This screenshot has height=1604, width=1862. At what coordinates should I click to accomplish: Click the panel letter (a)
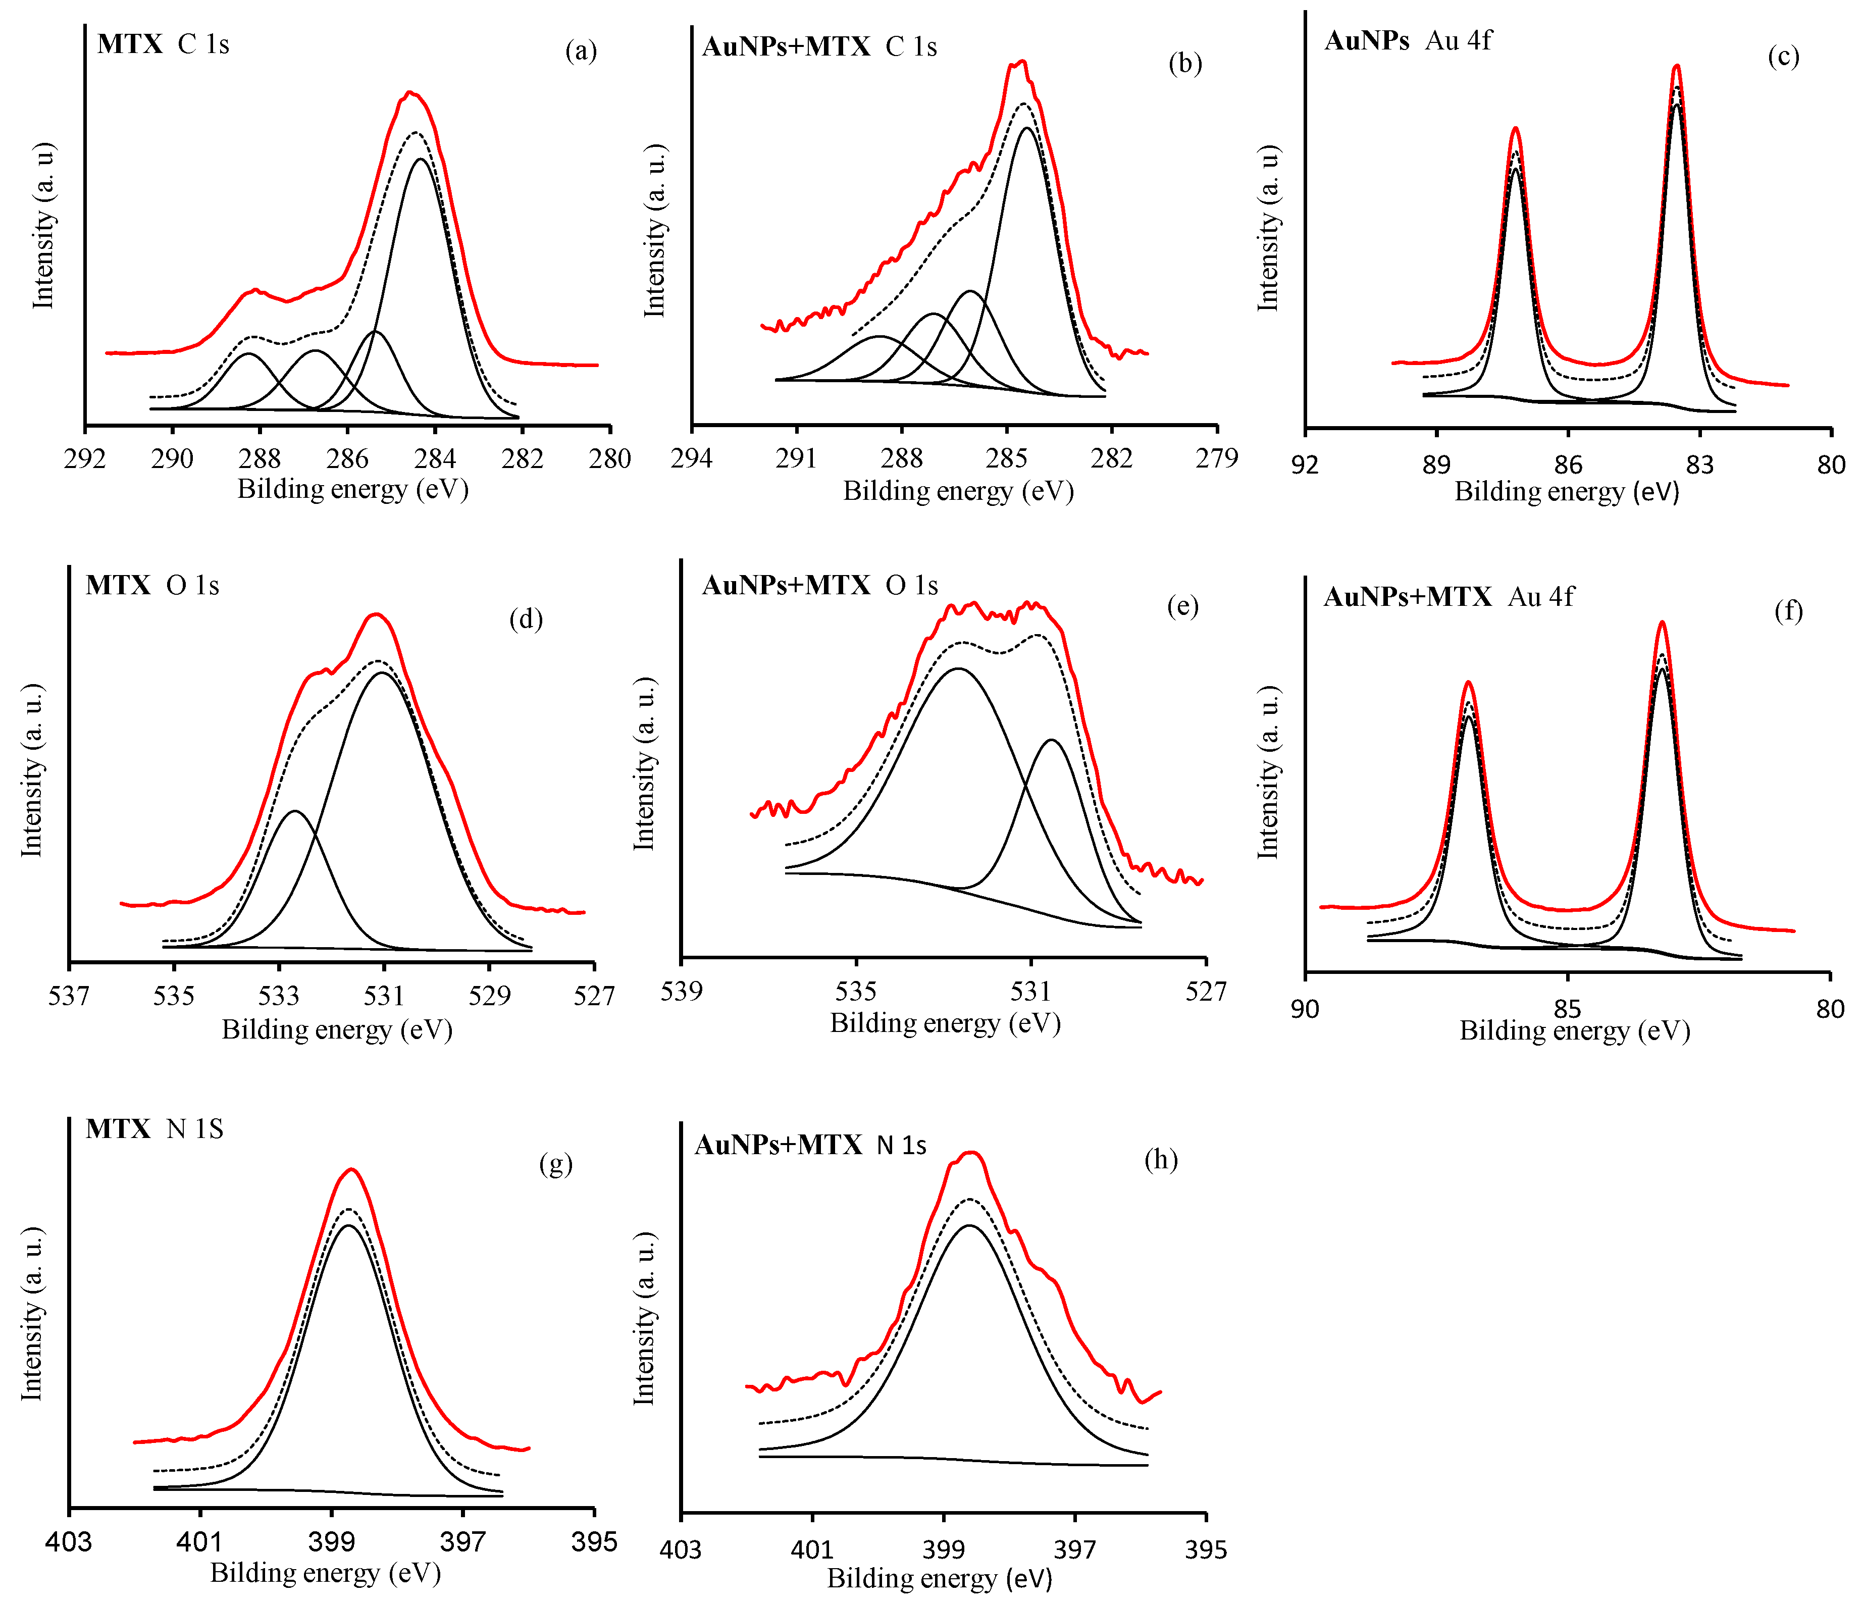coord(581,51)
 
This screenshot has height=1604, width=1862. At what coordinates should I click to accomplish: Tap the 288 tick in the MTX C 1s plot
coord(260,459)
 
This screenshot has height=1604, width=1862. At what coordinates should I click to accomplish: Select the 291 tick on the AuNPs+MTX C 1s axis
coord(796,459)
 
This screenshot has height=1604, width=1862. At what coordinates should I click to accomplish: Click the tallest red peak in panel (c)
coord(1676,67)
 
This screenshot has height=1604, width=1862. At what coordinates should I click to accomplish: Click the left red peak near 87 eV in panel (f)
coord(1468,683)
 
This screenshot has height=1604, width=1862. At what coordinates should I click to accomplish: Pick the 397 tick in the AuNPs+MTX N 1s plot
coord(1075,1548)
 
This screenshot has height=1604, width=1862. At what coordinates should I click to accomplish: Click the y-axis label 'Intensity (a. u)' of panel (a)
coord(43,225)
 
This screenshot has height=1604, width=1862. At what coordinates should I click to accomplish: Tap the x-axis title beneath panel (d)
coord(337,1030)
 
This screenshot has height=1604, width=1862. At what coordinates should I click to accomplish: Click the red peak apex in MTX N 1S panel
coord(351,1170)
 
